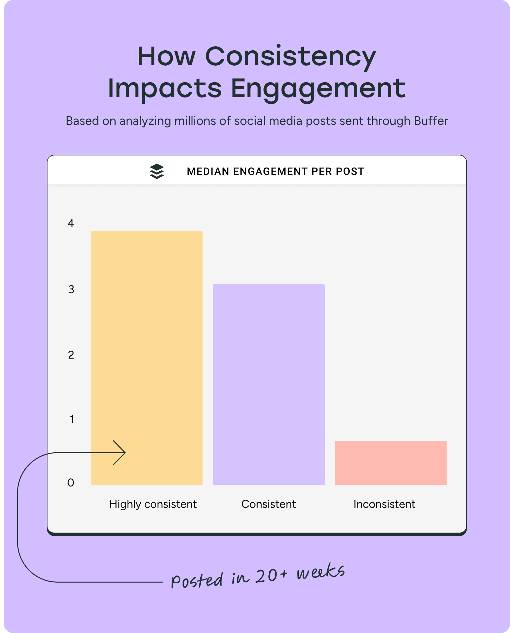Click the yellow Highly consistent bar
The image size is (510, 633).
(x=147, y=344)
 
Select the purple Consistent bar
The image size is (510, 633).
(x=269, y=384)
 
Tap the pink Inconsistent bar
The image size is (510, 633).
(x=391, y=463)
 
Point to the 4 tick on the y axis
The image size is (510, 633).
(x=71, y=224)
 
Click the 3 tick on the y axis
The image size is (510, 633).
(x=71, y=289)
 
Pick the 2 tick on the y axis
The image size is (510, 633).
(x=71, y=355)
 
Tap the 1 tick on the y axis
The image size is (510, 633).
(x=72, y=419)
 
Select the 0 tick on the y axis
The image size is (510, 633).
(x=71, y=483)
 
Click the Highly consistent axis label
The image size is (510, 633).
(x=153, y=504)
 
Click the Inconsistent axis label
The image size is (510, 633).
(x=384, y=504)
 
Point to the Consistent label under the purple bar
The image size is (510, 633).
(x=268, y=504)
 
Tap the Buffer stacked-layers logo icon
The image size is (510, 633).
(x=157, y=171)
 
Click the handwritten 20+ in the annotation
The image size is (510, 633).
(x=271, y=576)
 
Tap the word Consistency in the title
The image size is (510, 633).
(x=291, y=57)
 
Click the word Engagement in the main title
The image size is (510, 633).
(x=318, y=89)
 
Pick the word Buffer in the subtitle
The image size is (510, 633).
(x=431, y=121)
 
